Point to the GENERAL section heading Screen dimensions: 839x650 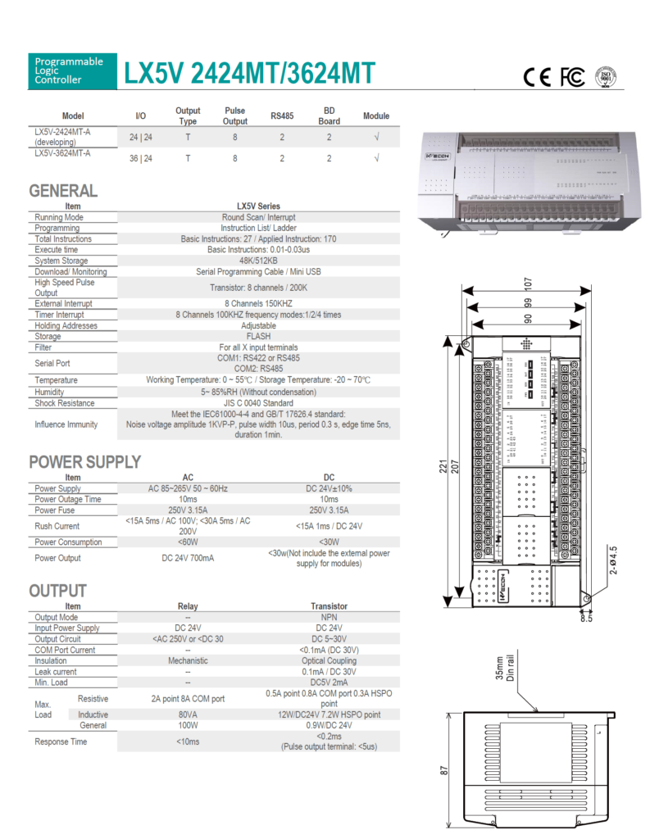[x=63, y=191]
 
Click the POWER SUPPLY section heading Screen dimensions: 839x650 [x=84, y=462]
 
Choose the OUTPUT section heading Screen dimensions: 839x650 [x=57, y=591]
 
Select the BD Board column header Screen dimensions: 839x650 [x=329, y=116]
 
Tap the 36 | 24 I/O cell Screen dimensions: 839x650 [x=140, y=158]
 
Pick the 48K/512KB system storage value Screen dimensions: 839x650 [x=258, y=261]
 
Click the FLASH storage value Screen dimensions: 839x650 [x=258, y=336]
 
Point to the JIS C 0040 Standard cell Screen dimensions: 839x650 [x=258, y=403]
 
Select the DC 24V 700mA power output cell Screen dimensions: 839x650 [x=188, y=558]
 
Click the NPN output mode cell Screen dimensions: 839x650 [x=329, y=617]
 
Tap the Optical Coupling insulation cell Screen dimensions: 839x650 [x=329, y=660]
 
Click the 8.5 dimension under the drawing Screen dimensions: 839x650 [x=586, y=619]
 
